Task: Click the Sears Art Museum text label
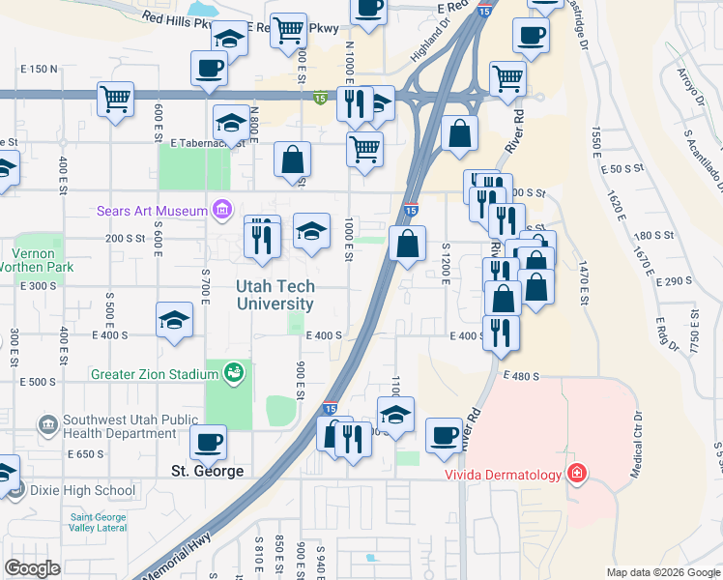(152, 211)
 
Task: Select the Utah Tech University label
(276, 295)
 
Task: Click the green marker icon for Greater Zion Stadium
(232, 372)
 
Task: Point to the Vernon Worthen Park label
(32, 258)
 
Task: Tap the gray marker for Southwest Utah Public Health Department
(46, 423)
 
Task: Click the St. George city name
(206, 472)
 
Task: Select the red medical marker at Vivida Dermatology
(576, 474)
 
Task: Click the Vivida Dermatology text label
(503, 475)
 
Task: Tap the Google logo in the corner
(33, 568)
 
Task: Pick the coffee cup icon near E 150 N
(209, 69)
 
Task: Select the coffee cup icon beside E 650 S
(209, 442)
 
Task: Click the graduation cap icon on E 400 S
(174, 319)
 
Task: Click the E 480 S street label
(519, 375)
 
